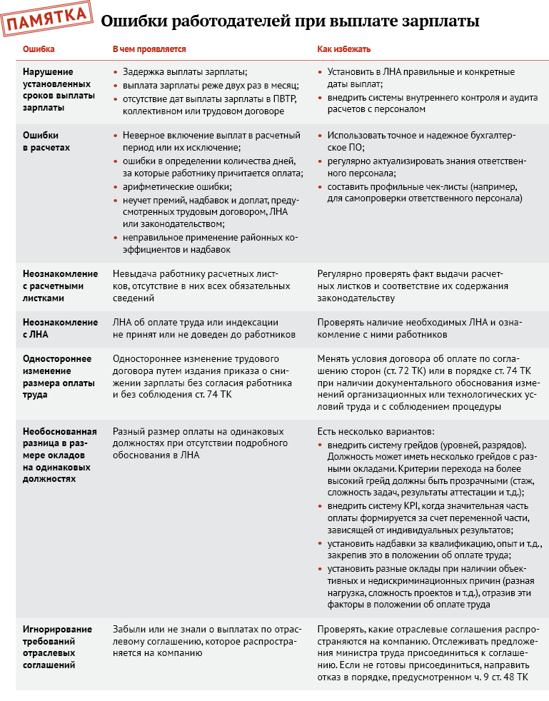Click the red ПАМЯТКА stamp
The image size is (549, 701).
click(x=47, y=21)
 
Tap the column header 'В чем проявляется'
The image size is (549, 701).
click(x=149, y=50)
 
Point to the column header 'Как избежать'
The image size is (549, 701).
click(x=344, y=50)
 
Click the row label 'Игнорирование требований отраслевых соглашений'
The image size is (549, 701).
click(x=57, y=647)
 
